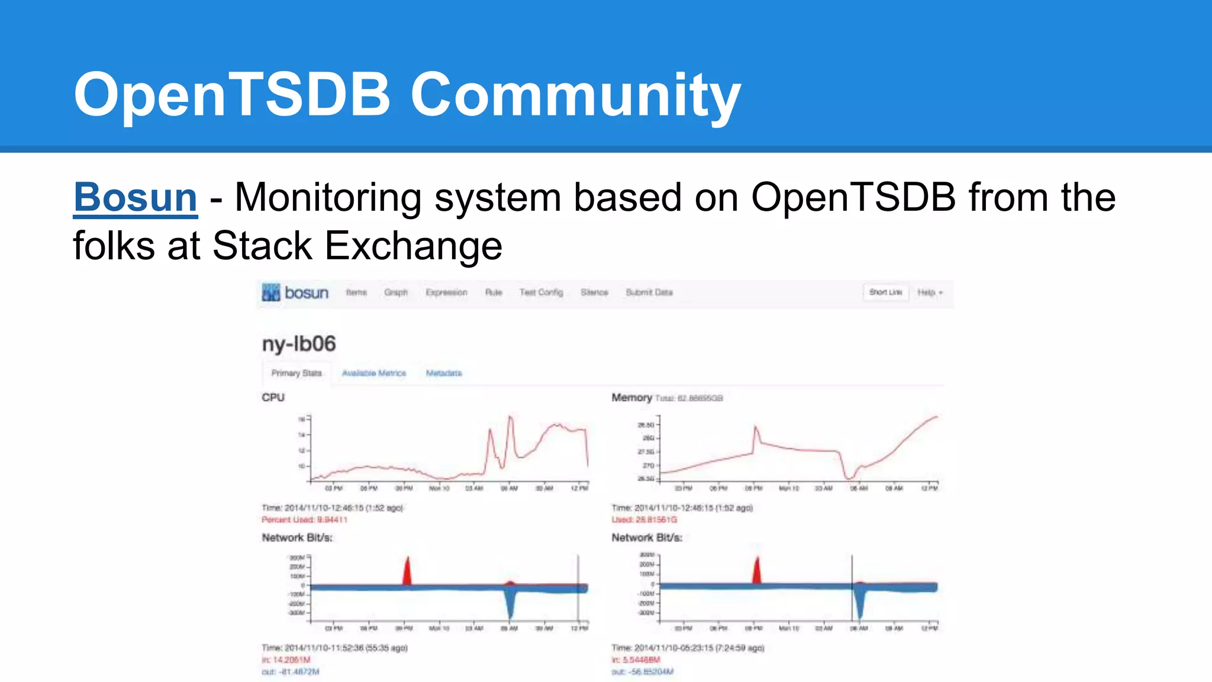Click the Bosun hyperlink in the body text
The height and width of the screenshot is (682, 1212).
[x=135, y=197]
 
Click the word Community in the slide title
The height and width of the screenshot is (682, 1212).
[x=575, y=95]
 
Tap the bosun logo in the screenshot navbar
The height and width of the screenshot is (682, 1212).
[x=295, y=292]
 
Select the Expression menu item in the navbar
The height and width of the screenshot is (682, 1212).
[x=446, y=292]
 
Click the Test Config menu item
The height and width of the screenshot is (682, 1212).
[x=541, y=292]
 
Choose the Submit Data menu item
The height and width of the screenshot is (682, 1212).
[x=649, y=292]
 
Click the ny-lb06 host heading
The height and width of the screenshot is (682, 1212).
[x=299, y=343]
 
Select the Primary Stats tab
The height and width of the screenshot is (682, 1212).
[x=296, y=373]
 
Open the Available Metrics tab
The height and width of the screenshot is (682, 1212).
[x=374, y=373]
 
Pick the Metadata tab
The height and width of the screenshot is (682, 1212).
[x=444, y=373]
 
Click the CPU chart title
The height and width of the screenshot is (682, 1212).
[x=273, y=397]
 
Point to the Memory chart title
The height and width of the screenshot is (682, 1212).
[x=631, y=397]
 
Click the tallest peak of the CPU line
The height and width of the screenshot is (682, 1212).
[x=510, y=418]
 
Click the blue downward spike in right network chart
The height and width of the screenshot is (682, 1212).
[x=860, y=607]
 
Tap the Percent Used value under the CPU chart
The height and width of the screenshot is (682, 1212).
[x=304, y=520]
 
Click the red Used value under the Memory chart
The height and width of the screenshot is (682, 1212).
[x=644, y=520]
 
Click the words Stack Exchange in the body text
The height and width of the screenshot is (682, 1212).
[x=357, y=246]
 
